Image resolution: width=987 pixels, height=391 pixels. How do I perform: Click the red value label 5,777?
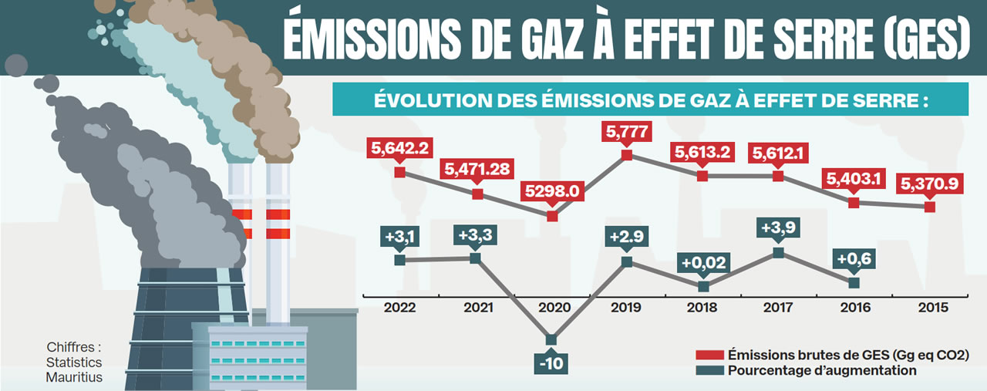point(627,132)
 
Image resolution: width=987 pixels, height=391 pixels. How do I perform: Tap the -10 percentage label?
point(551,363)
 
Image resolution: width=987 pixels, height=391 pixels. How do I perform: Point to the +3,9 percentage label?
point(778,229)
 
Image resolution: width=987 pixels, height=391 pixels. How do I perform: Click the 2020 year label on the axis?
point(551,307)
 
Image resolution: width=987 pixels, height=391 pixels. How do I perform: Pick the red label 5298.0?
point(551,190)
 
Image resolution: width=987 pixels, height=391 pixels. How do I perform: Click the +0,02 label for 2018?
point(702,262)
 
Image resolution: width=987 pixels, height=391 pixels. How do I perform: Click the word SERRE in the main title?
point(801,39)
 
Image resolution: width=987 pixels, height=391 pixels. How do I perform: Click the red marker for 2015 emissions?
point(930,207)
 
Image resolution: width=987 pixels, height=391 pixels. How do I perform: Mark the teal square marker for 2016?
point(854,283)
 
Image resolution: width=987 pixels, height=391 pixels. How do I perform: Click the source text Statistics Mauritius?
point(73,369)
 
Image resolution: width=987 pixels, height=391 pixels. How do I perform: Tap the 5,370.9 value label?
point(930,185)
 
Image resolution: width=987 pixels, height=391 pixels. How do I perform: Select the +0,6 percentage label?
point(854,260)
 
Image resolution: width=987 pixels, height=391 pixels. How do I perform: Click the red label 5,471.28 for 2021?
point(476,168)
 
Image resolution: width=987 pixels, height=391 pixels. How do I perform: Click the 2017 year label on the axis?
point(778,307)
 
